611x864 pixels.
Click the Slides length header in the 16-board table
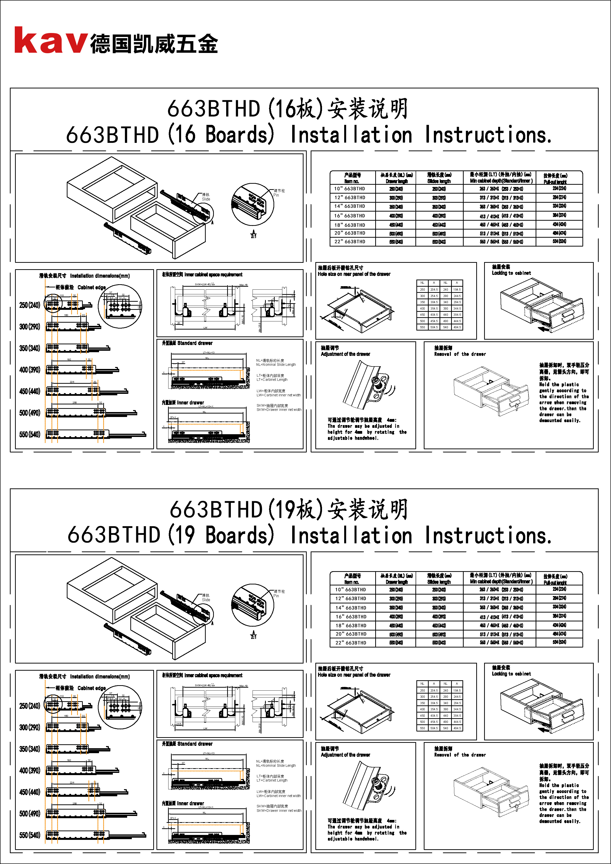(x=439, y=181)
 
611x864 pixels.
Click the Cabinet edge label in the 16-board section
(x=91, y=287)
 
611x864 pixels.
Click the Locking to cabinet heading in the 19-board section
(x=511, y=674)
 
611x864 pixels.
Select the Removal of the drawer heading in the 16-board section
(x=460, y=354)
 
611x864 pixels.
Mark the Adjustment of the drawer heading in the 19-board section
(x=345, y=755)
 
